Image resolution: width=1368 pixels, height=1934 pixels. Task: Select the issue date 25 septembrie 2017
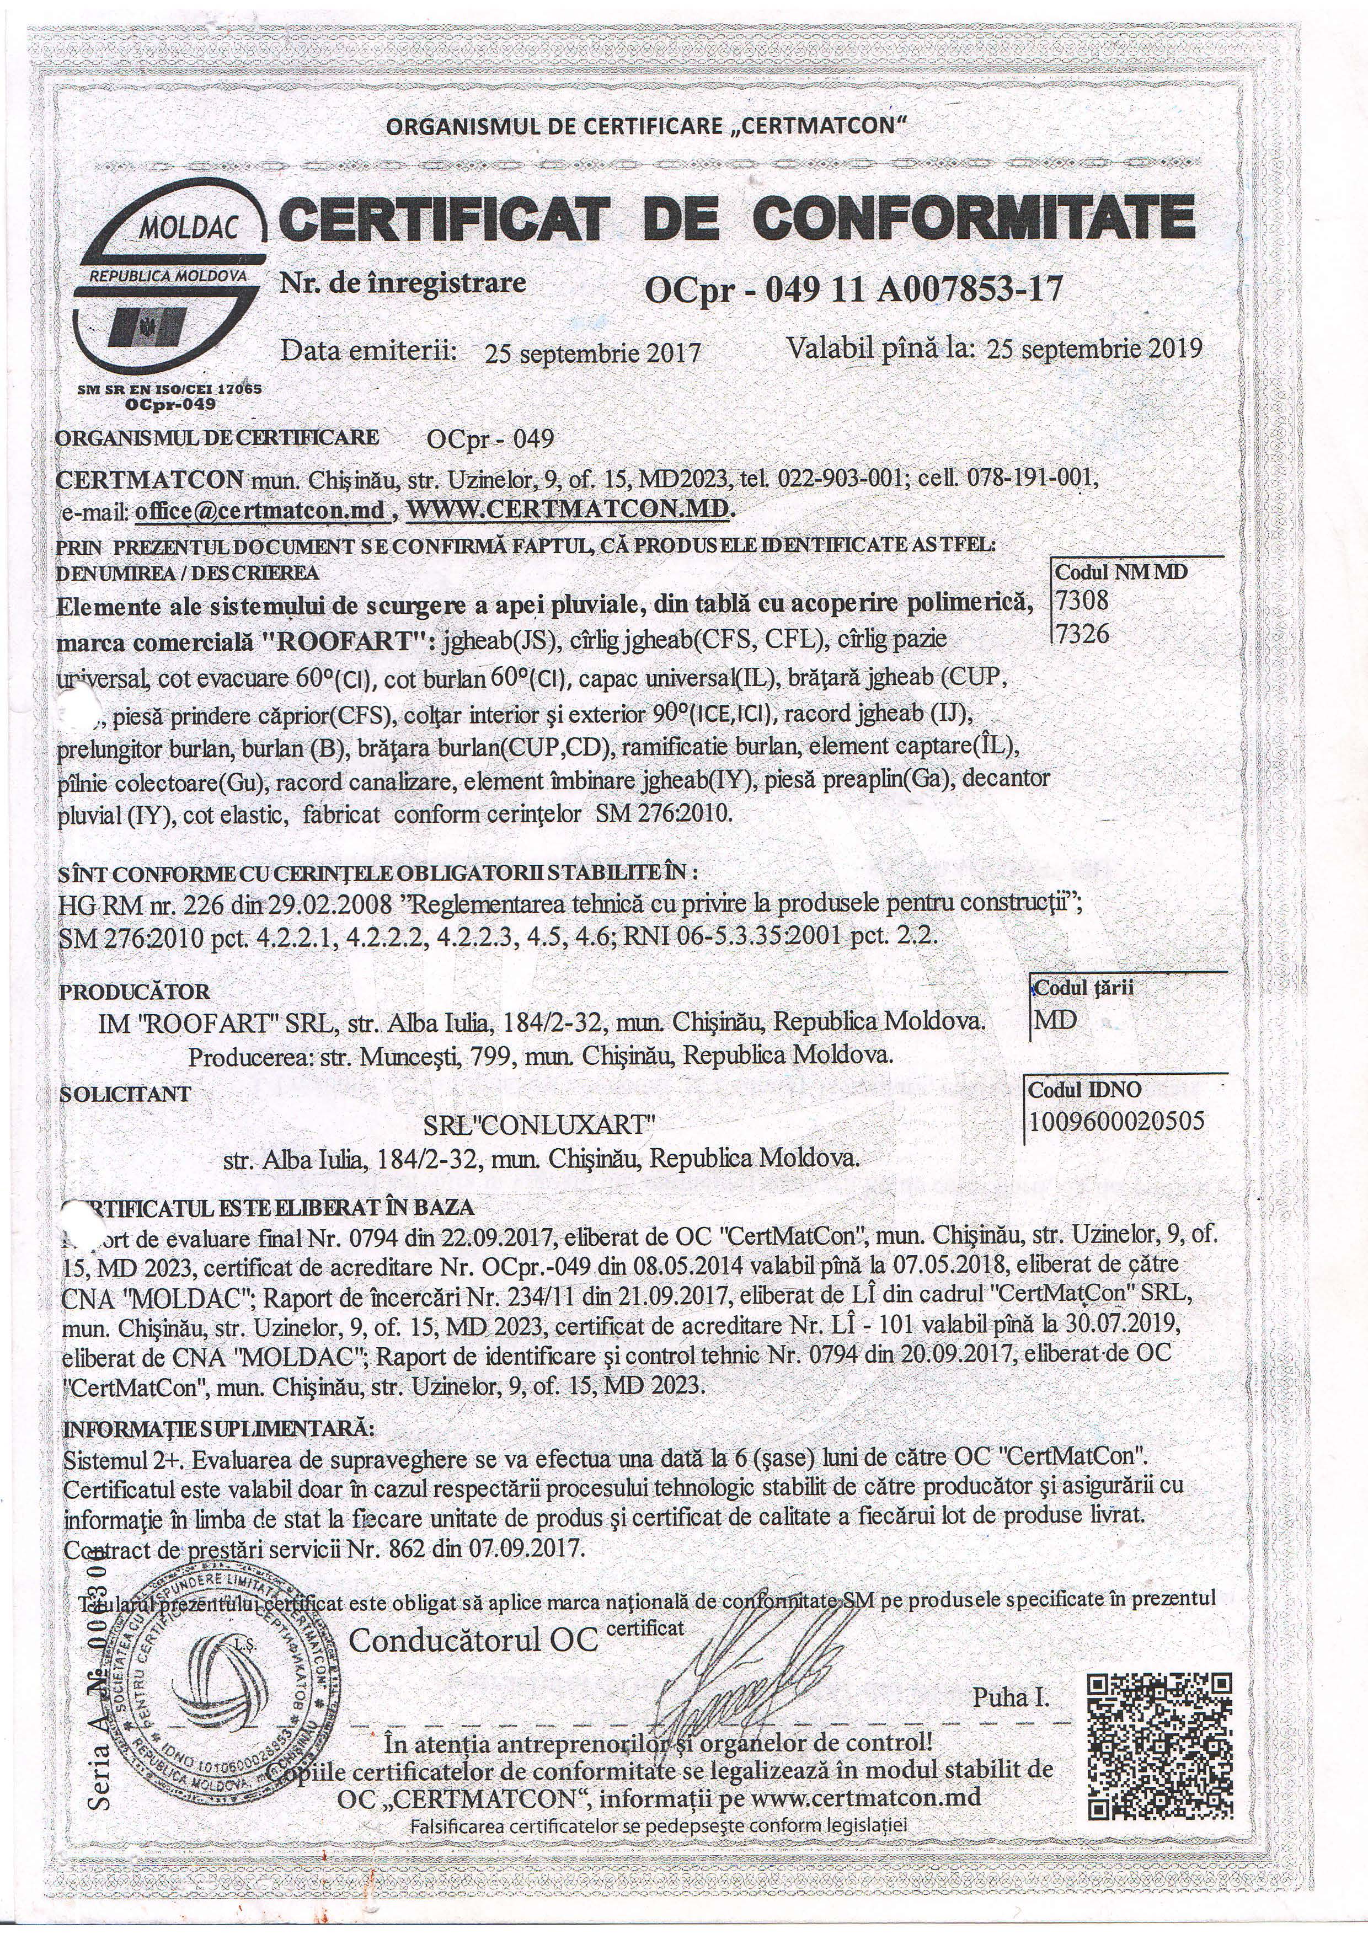(592, 352)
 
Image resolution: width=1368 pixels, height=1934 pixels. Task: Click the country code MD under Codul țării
(1055, 1020)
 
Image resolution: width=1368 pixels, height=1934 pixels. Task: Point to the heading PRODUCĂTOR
(135, 992)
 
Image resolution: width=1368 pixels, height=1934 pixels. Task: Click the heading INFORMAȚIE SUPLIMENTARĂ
(219, 1429)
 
